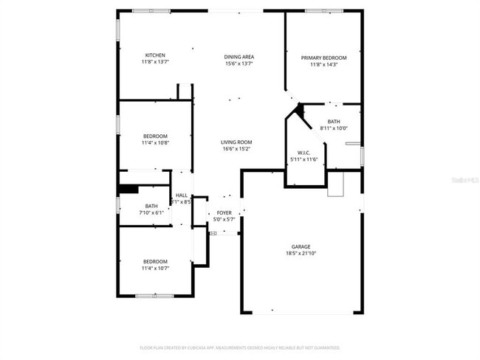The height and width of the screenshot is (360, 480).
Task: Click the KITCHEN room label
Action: (x=155, y=55)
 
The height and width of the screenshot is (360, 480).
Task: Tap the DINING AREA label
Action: (x=239, y=57)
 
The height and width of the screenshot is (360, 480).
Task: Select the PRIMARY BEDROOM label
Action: (x=323, y=58)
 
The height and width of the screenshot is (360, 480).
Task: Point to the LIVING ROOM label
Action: (x=236, y=142)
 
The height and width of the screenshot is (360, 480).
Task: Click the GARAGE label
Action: (x=301, y=246)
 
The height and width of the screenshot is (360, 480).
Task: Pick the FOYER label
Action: (x=223, y=212)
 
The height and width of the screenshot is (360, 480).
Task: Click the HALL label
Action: (x=181, y=195)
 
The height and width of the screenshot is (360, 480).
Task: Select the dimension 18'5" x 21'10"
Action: (x=301, y=253)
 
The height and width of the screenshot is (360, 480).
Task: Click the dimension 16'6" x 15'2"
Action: (x=236, y=149)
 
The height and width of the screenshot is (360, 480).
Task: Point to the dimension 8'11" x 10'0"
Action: (x=334, y=128)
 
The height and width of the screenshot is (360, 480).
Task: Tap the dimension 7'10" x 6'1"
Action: (x=151, y=212)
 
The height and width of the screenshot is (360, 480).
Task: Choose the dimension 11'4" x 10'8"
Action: (x=155, y=142)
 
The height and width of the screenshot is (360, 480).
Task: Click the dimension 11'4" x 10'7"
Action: (x=155, y=268)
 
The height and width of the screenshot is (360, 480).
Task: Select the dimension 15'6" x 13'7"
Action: (x=239, y=63)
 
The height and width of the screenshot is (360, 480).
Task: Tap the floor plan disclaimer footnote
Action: (x=239, y=347)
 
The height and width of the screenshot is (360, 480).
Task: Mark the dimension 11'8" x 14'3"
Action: (x=323, y=64)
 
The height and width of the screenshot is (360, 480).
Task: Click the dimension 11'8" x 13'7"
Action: (x=155, y=62)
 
